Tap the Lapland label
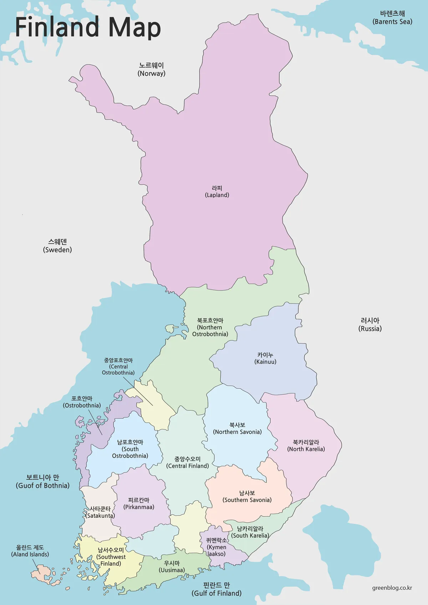pos(217,191)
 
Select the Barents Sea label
pos(392,18)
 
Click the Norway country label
pos(151,70)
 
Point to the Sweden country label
pos(57,246)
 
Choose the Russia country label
pos(370,325)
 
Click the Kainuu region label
pos(265,358)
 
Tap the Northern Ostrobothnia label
pos(210,327)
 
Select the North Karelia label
pos(306,446)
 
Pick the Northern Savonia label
pos(237,429)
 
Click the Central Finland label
pos(188,462)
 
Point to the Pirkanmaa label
pos(139,503)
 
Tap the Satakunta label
pos(100,512)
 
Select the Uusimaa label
pos(172,566)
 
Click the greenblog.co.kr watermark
pos(392,588)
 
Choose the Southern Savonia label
pos(247,497)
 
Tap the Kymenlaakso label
pos(216,547)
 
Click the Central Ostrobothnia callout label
pos(118,366)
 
